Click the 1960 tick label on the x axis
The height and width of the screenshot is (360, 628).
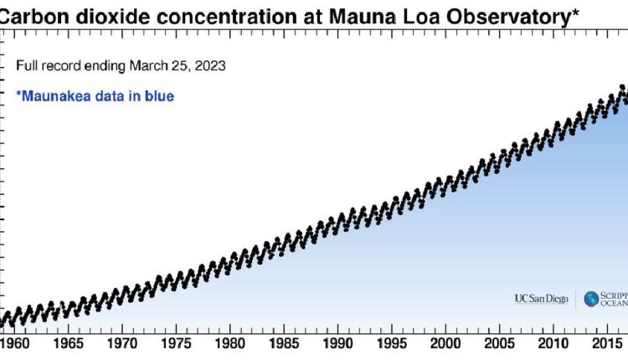(x=16, y=343)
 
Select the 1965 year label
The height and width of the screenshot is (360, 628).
(x=69, y=343)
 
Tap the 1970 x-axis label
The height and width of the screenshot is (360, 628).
(x=123, y=343)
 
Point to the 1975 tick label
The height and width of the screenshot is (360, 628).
(x=177, y=343)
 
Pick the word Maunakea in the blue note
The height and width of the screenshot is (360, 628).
(x=55, y=96)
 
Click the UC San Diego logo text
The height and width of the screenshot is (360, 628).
(x=542, y=298)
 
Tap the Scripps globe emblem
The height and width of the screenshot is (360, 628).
(x=591, y=298)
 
